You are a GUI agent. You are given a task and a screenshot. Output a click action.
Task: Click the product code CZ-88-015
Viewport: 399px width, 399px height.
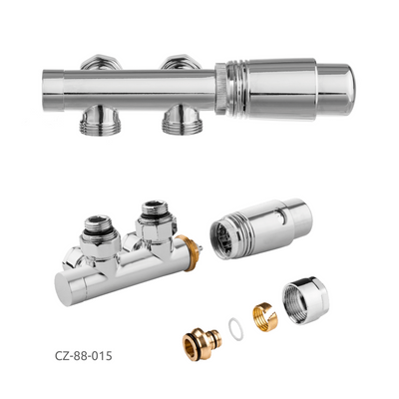pos(84,356)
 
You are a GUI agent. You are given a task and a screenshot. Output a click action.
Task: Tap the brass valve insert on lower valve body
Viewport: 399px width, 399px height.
pos(190,252)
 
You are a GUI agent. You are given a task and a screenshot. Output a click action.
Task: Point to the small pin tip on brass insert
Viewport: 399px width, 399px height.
pos(200,247)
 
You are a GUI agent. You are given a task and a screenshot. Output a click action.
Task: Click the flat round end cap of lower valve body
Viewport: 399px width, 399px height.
pos(66,288)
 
